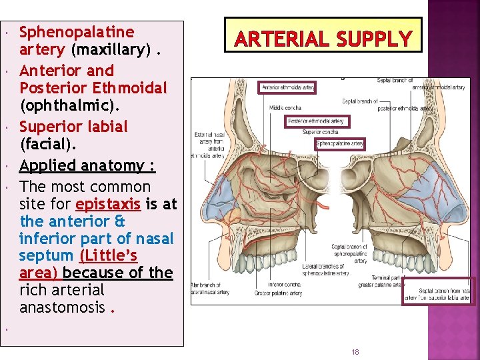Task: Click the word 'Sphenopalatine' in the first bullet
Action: pos(77,32)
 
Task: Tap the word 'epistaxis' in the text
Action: pos(108,204)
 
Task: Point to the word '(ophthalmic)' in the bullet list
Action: pos(70,105)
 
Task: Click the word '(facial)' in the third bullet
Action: pos(48,143)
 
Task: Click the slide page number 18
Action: pos(355,351)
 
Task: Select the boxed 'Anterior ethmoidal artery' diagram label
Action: pos(287,87)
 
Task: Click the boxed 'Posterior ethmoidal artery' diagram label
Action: pos(316,121)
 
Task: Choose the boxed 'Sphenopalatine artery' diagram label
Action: pos(340,143)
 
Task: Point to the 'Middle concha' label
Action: pos(285,107)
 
